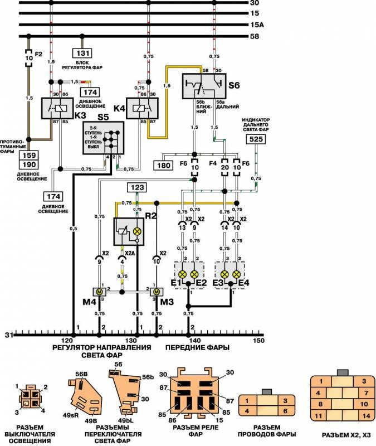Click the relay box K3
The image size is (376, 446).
pyautogui.click(x=55, y=108)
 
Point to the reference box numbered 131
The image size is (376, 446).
pyautogui.click(x=82, y=54)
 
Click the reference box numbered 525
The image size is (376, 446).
pyautogui.click(x=256, y=140)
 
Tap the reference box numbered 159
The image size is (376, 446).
pyautogui.click(x=30, y=156)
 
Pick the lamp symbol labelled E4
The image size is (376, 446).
pyautogui.click(x=237, y=274)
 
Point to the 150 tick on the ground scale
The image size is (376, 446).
pyautogui.click(x=257, y=340)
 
